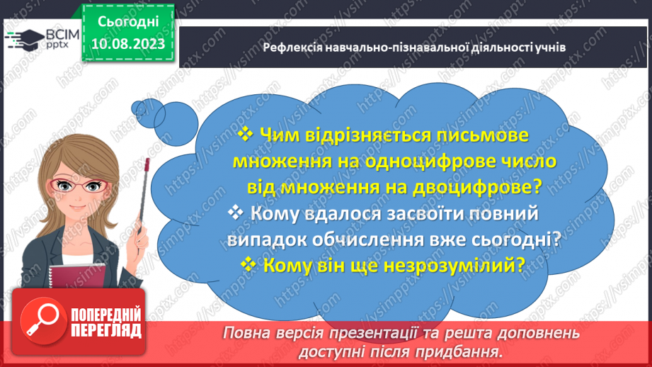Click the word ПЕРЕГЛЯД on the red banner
pos(106,330)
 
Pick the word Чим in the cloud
pos(282,133)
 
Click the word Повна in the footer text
pos(243,332)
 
